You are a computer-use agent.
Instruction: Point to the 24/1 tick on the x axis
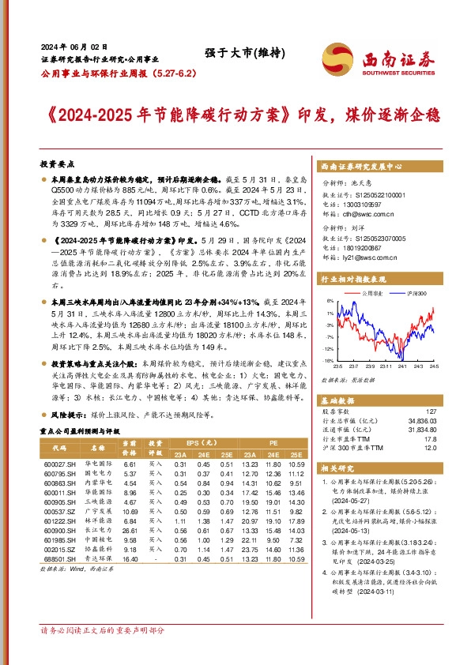click(x=402, y=365)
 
